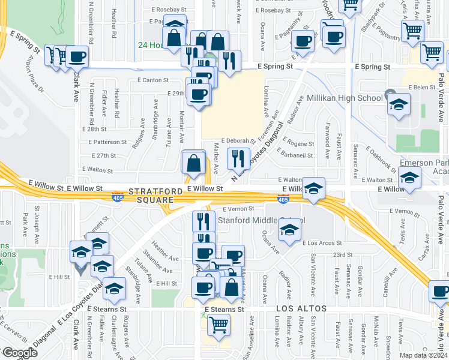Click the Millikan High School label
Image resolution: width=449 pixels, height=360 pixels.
[345, 98]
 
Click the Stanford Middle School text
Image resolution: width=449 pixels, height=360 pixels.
[261, 220]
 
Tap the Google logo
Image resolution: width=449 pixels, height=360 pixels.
[19, 353]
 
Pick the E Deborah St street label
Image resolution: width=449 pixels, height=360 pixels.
[238, 140]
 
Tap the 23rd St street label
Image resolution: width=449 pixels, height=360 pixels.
[343, 255]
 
